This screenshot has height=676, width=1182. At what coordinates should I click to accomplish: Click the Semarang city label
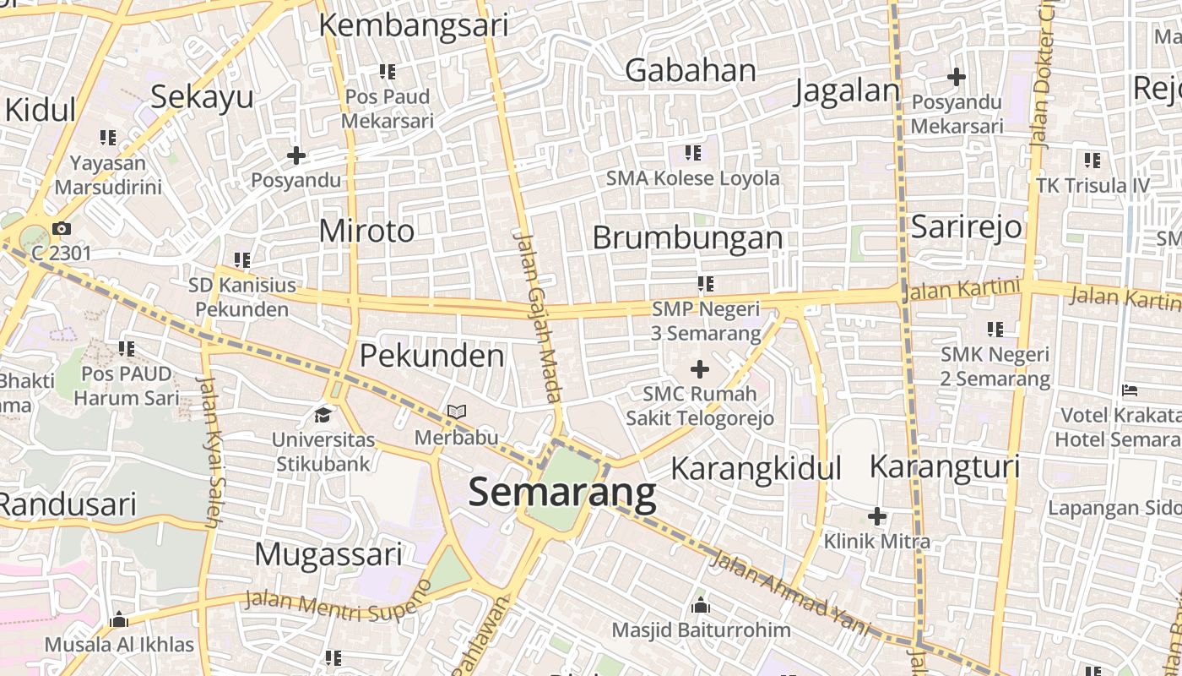click(x=562, y=492)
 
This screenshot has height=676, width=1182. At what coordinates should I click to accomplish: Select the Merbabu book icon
click(x=457, y=412)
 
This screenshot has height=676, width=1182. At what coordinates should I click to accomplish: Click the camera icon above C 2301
click(x=61, y=228)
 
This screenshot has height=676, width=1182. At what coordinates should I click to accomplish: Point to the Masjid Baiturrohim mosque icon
click(x=700, y=606)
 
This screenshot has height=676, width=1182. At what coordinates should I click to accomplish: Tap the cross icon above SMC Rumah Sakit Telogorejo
click(x=700, y=369)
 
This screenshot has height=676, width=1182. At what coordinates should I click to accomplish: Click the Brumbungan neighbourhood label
click(x=687, y=238)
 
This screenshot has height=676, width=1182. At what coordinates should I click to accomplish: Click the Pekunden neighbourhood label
click(x=432, y=356)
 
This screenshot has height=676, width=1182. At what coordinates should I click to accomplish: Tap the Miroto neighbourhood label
click(x=367, y=231)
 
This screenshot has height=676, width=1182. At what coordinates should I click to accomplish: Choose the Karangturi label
click(x=945, y=466)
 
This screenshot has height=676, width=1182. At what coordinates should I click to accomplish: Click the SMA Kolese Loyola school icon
click(x=692, y=153)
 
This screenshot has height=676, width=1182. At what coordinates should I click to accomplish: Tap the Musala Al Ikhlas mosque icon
click(x=119, y=620)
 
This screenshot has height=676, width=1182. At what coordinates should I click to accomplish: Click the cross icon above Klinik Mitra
click(x=877, y=515)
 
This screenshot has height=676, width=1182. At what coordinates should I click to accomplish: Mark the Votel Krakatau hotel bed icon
click(x=1130, y=390)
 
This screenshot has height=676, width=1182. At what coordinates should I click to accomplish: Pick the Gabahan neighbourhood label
click(x=691, y=71)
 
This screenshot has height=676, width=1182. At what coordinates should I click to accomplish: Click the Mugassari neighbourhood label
click(x=328, y=555)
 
